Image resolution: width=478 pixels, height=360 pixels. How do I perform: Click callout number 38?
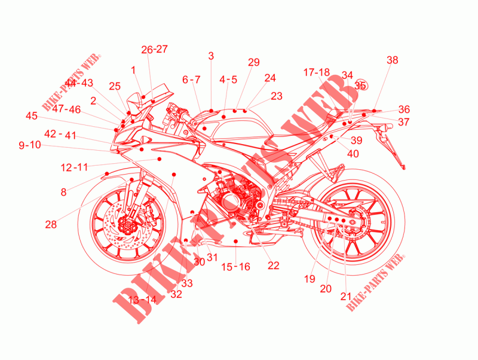pyautogui.click(x=392, y=60)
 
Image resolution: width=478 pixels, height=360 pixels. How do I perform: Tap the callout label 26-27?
pyautogui.click(x=155, y=50)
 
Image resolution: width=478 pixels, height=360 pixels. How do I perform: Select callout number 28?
pyautogui.click(x=51, y=224)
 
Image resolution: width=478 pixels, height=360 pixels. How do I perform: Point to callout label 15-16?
pyautogui.click(x=235, y=267)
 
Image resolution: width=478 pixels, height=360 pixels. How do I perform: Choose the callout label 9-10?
pyautogui.click(x=30, y=145)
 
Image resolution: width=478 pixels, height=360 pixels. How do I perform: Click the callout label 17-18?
pyautogui.click(x=316, y=72)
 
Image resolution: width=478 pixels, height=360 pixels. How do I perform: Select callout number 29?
pyautogui.click(x=254, y=62)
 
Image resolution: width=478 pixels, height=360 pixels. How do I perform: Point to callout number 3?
pyautogui.click(x=210, y=56)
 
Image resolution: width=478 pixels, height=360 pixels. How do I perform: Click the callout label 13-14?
pyautogui.click(x=142, y=300)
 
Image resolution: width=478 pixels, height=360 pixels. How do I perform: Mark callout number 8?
pyautogui.click(x=63, y=192)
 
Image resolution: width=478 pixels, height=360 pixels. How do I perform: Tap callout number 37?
pyautogui.click(x=405, y=122)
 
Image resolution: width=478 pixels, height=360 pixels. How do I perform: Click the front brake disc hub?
pyautogui.click(x=127, y=225)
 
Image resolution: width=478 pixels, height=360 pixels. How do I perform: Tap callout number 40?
pyautogui.click(x=353, y=153)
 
